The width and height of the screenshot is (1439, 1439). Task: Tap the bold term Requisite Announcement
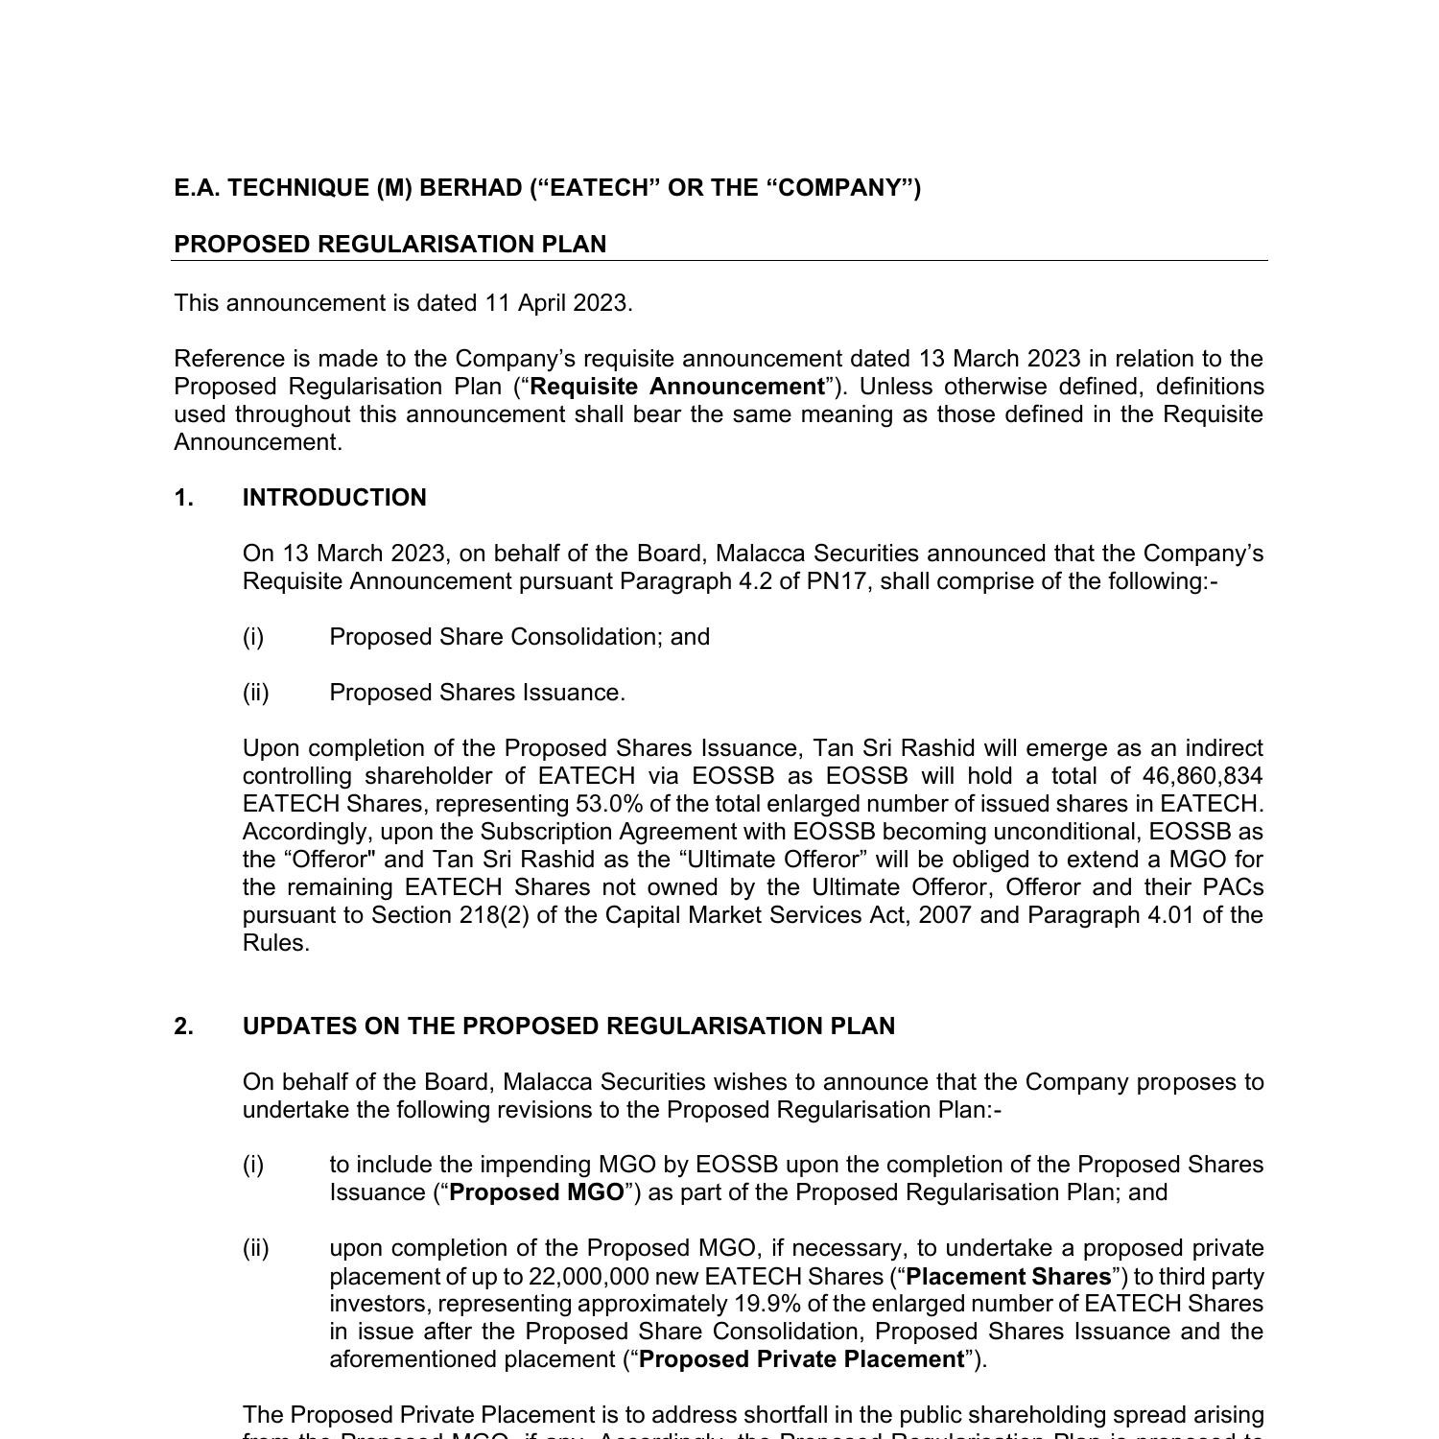click(x=677, y=387)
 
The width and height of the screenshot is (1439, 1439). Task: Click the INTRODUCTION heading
click(x=334, y=498)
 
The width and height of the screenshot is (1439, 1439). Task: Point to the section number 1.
click(x=183, y=498)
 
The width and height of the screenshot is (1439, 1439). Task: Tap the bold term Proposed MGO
click(x=536, y=1192)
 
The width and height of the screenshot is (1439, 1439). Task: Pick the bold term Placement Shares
click(x=1008, y=1277)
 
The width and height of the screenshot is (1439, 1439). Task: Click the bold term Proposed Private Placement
click(x=801, y=1359)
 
